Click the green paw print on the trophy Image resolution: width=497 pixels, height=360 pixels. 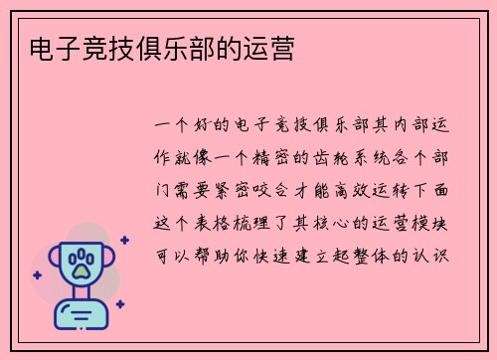(81, 263)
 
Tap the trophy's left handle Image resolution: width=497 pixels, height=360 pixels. (53, 262)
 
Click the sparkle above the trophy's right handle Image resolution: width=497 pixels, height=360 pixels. (123, 240)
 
